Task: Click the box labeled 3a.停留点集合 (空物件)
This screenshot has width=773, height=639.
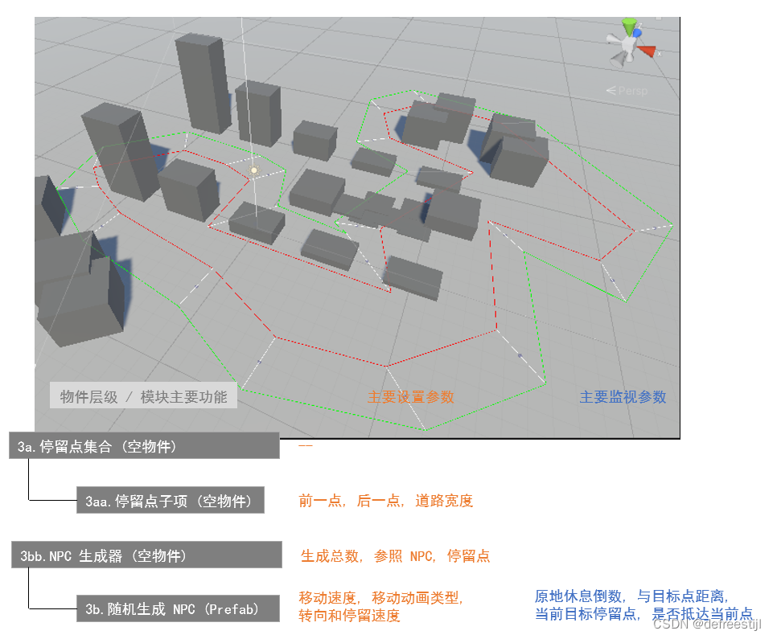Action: (x=144, y=446)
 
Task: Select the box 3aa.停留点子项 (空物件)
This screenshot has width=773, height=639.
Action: (x=170, y=501)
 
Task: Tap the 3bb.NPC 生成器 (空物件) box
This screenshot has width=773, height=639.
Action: (x=146, y=555)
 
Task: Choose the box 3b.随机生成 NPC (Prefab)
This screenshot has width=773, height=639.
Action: (x=172, y=609)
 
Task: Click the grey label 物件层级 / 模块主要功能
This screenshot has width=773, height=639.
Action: (x=143, y=396)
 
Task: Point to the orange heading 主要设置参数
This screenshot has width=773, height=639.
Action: (x=410, y=397)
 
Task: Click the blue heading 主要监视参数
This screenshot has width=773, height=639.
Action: (x=623, y=397)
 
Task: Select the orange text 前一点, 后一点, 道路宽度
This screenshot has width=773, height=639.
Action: (x=385, y=501)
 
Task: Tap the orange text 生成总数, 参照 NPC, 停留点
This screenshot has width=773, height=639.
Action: (x=395, y=555)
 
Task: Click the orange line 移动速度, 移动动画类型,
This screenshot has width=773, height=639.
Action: (x=381, y=598)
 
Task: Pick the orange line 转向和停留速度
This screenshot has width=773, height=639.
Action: (x=349, y=616)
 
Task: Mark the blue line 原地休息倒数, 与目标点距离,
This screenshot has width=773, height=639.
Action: (x=631, y=596)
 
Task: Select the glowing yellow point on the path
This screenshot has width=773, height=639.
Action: (x=254, y=170)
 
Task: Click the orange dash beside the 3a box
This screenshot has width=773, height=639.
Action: (x=305, y=444)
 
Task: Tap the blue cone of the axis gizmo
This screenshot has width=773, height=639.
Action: (x=637, y=33)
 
